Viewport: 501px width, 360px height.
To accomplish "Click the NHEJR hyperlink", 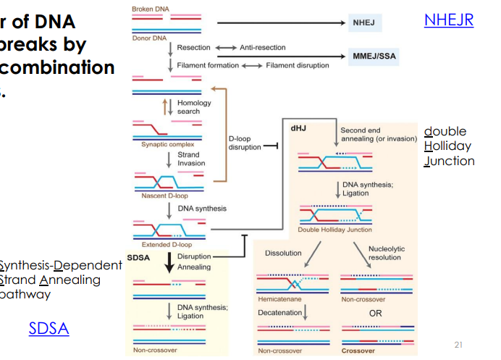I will (x=448, y=20).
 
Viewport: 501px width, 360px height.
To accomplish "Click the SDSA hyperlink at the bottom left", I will (x=49, y=328).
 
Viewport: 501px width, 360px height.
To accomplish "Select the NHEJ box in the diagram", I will (x=363, y=24).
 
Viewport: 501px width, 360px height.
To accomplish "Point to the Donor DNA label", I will (x=149, y=38).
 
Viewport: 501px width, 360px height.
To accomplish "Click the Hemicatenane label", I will (x=278, y=298).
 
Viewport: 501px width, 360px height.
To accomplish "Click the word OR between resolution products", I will (x=375, y=314).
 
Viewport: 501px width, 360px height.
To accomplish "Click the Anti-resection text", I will (x=261, y=48).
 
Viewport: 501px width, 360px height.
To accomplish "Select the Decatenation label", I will (x=279, y=312).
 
